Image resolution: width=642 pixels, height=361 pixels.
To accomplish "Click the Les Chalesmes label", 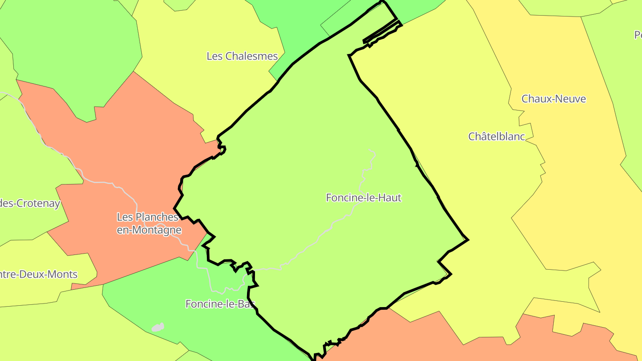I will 242,56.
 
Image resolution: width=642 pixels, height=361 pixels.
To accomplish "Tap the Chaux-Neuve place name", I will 554,99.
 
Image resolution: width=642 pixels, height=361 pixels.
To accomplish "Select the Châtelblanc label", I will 497,136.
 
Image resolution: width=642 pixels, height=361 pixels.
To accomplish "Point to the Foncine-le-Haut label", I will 364,197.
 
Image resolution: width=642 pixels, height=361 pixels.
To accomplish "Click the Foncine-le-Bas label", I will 220,304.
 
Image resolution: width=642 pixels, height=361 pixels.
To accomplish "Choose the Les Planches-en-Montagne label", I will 149,223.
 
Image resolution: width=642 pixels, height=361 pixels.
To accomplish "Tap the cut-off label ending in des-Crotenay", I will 29,204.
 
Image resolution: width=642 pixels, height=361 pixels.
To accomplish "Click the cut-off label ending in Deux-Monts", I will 39,275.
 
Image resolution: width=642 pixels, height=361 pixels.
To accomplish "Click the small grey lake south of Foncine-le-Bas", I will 157,328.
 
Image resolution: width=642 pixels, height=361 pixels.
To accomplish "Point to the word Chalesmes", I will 252,56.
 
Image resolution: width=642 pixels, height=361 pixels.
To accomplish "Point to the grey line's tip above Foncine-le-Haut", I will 370,151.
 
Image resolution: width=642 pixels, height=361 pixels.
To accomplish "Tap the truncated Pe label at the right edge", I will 638,35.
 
